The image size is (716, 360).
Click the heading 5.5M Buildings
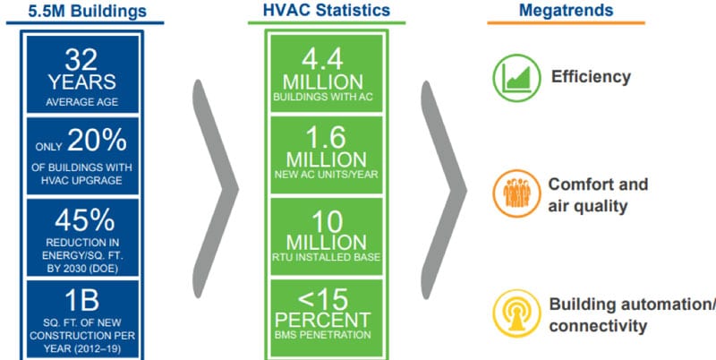(88, 11)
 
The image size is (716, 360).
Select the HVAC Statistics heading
(327, 10)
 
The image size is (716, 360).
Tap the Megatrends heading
(566, 10)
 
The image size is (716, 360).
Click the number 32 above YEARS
(81, 60)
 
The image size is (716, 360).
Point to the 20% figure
(97, 140)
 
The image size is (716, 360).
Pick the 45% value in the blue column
(85, 221)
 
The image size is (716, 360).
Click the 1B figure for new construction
(81, 302)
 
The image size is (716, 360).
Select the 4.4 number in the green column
(322, 60)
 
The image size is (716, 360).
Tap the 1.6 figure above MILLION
(326, 138)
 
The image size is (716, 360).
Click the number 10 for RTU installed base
(327, 222)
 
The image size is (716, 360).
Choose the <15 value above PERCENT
(323, 300)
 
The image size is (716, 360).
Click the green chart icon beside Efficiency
(516, 78)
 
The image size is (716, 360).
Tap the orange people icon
(516, 193)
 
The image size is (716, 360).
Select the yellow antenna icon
(516, 313)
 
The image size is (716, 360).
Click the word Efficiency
(591, 76)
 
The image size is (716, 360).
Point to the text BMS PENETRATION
(323, 335)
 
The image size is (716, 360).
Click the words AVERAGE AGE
(81, 102)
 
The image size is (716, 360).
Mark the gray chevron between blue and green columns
(215, 189)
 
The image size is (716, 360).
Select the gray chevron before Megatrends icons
(443, 189)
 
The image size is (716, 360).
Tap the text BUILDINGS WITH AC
(323, 97)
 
